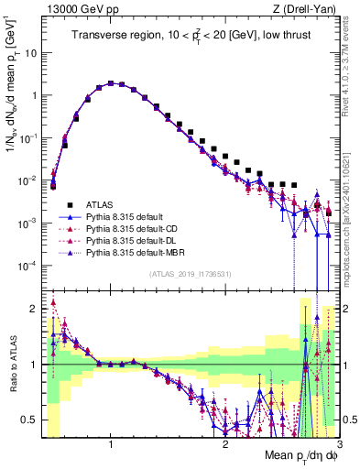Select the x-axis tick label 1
point(111,445)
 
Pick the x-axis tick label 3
point(338,445)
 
